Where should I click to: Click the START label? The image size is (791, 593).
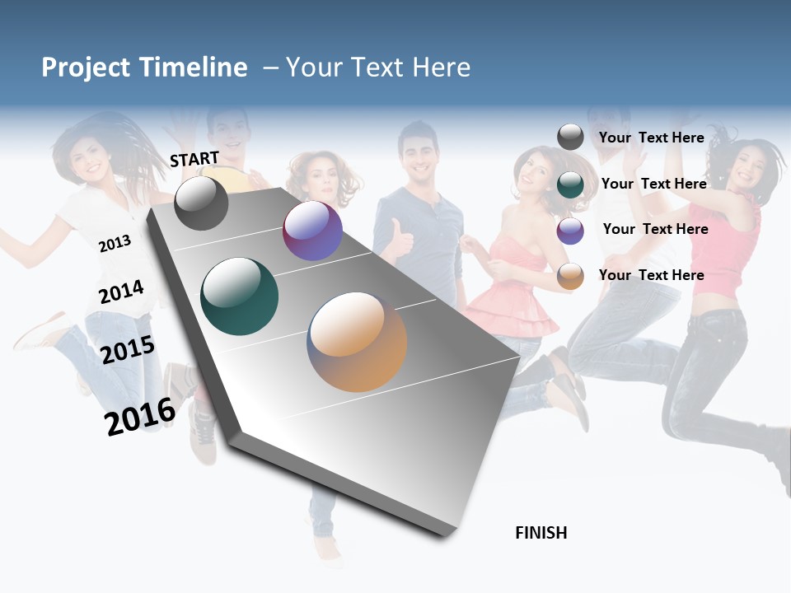[x=194, y=159]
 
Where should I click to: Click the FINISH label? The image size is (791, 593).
[x=541, y=533]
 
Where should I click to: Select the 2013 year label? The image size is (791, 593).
[x=115, y=244]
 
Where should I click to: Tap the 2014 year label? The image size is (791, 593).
[x=121, y=292]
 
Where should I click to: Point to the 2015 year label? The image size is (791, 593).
[x=128, y=350]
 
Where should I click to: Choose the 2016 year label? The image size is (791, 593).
[x=140, y=417]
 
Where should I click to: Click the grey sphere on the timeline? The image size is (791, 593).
[x=201, y=203]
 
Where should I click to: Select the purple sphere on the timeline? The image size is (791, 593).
[x=312, y=231]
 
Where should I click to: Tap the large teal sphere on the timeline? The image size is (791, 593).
[x=240, y=296]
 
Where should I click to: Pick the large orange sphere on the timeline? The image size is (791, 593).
[x=357, y=342]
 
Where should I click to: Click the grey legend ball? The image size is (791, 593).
[x=570, y=137]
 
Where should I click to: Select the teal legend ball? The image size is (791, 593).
[x=570, y=184]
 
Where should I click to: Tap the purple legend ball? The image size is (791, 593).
[x=570, y=231]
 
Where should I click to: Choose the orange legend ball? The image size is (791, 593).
[x=570, y=277]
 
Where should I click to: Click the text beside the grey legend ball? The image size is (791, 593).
[x=651, y=138]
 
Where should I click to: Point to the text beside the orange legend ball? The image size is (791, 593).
[x=651, y=275]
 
